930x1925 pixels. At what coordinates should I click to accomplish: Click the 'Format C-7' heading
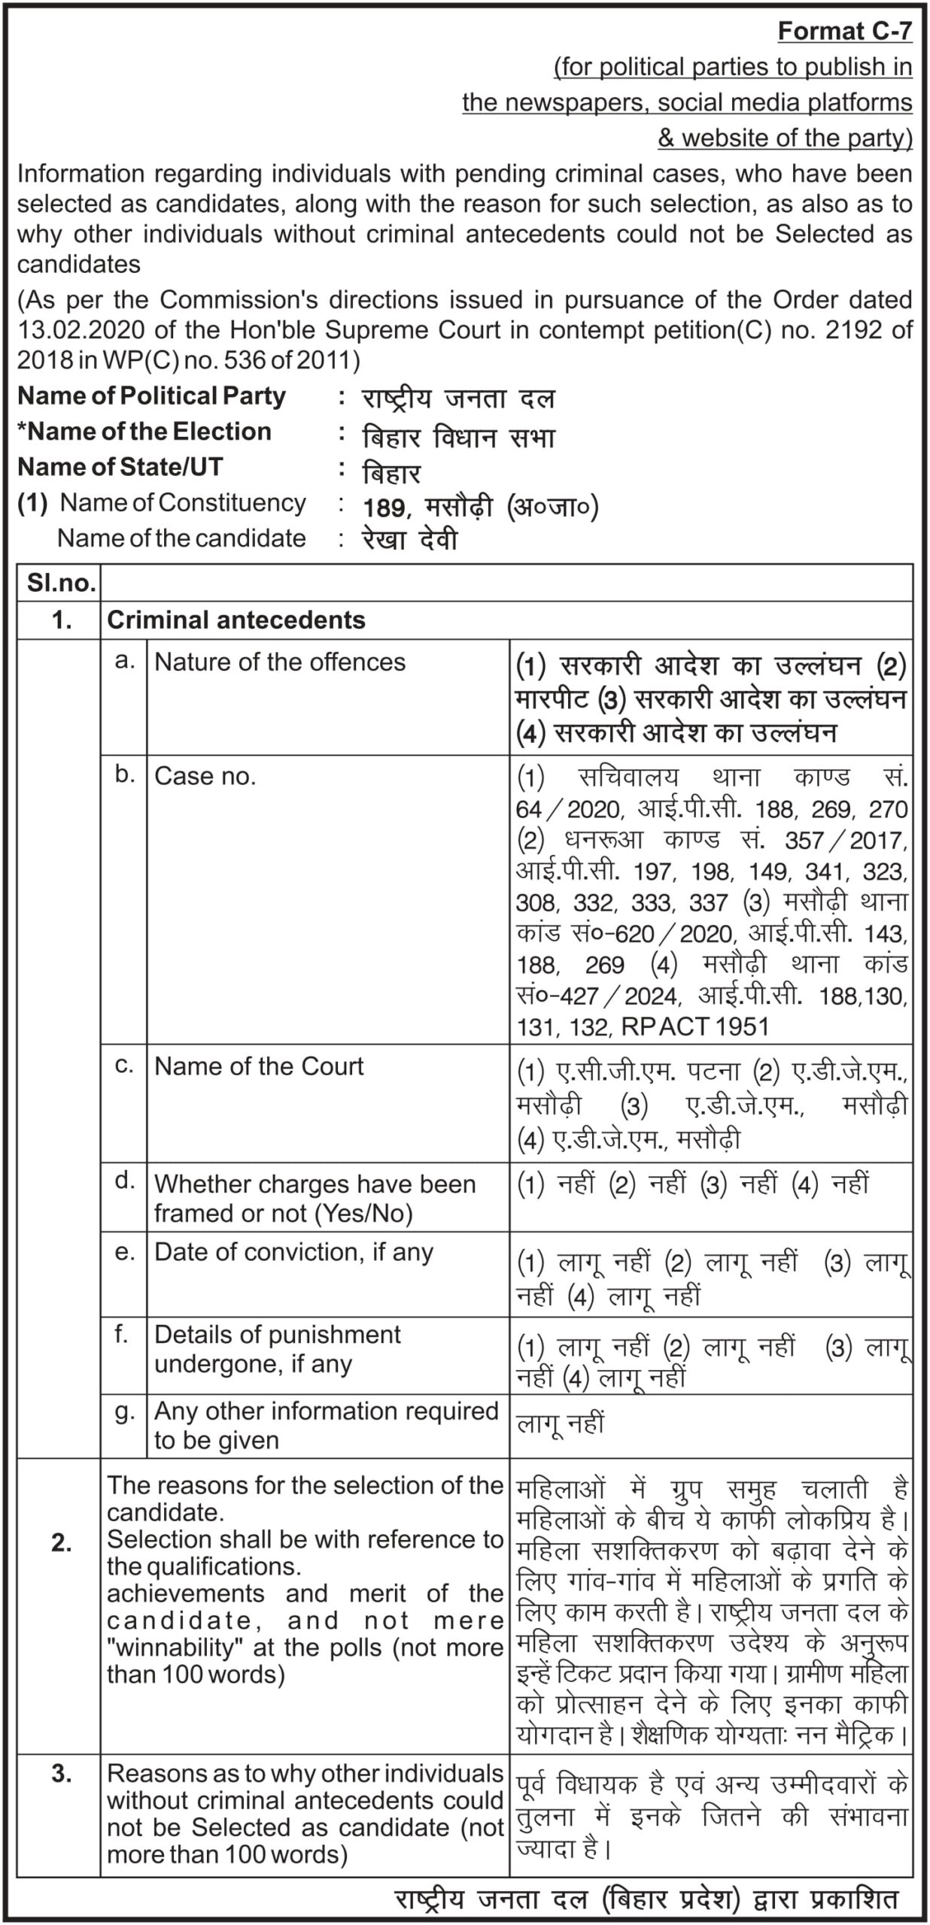coord(844,31)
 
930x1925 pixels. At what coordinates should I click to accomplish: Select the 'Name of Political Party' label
coord(151,396)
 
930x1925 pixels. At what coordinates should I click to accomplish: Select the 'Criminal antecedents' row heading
coord(236,620)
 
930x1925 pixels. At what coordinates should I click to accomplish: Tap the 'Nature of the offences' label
coord(280,662)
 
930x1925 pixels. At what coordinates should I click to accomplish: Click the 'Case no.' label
coord(205,777)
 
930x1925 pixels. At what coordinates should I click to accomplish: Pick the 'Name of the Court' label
coord(259,1066)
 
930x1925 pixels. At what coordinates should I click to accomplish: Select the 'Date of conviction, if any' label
coord(293,1252)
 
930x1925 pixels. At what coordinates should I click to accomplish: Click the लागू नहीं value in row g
coord(560,1423)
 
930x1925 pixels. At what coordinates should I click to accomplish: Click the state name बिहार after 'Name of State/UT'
coord(391,474)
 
